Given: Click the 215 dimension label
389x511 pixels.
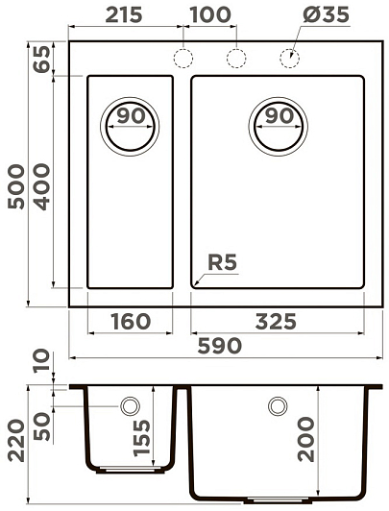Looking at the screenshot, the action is [x=124, y=14].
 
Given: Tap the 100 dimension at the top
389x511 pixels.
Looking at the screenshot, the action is [x=210, y=14].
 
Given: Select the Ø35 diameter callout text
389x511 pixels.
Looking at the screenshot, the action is [x=326, y=14].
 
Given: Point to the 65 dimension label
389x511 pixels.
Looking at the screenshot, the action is [x=42, y=59].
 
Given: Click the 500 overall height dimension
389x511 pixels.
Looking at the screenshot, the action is [x=16, y=186].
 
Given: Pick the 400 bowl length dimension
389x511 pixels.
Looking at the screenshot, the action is [x=42, y=186].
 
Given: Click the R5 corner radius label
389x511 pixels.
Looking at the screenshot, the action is [x=222, y=262].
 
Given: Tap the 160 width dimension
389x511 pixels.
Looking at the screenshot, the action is [x=131, y=322].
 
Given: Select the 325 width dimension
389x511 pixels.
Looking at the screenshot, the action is [x=276, y=322].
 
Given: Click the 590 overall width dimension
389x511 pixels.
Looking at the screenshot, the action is [x=220, y=346].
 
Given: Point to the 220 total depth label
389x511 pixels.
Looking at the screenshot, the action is [x=16, y=441].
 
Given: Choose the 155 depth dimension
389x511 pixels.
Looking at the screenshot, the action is [x=142, y=438].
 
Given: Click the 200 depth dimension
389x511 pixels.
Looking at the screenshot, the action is [x=306, y=440].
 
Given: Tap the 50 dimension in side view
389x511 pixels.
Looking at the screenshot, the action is [x=42, y=426].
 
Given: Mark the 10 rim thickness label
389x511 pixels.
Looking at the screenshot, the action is [x=42, y=360].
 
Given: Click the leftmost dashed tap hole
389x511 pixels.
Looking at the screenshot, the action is [x=183, y=58].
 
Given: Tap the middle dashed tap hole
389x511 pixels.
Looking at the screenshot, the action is [x=236, y=58].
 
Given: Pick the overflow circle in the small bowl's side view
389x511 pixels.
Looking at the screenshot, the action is [x=130, y=406].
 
